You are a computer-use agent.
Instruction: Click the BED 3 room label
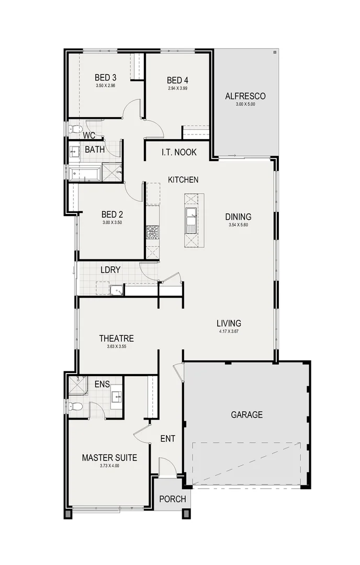105,77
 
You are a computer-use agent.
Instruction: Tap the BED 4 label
177,80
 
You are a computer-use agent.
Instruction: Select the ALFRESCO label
245,96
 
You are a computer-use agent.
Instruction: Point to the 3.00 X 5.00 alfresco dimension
245,104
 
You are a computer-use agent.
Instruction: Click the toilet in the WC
75,129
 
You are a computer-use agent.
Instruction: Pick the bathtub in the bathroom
85,174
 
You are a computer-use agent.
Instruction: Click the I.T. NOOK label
179,152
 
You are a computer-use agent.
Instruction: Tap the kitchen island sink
190,220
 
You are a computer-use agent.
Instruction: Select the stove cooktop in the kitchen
152,232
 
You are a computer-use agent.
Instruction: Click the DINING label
238,217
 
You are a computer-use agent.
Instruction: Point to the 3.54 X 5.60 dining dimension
238,225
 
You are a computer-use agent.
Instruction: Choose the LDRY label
110,270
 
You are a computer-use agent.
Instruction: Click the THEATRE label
116,338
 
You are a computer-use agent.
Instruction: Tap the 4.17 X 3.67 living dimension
229,331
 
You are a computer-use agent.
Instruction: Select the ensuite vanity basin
117,397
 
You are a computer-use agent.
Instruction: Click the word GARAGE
247,415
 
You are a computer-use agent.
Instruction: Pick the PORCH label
173,499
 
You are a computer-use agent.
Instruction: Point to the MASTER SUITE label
109,458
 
